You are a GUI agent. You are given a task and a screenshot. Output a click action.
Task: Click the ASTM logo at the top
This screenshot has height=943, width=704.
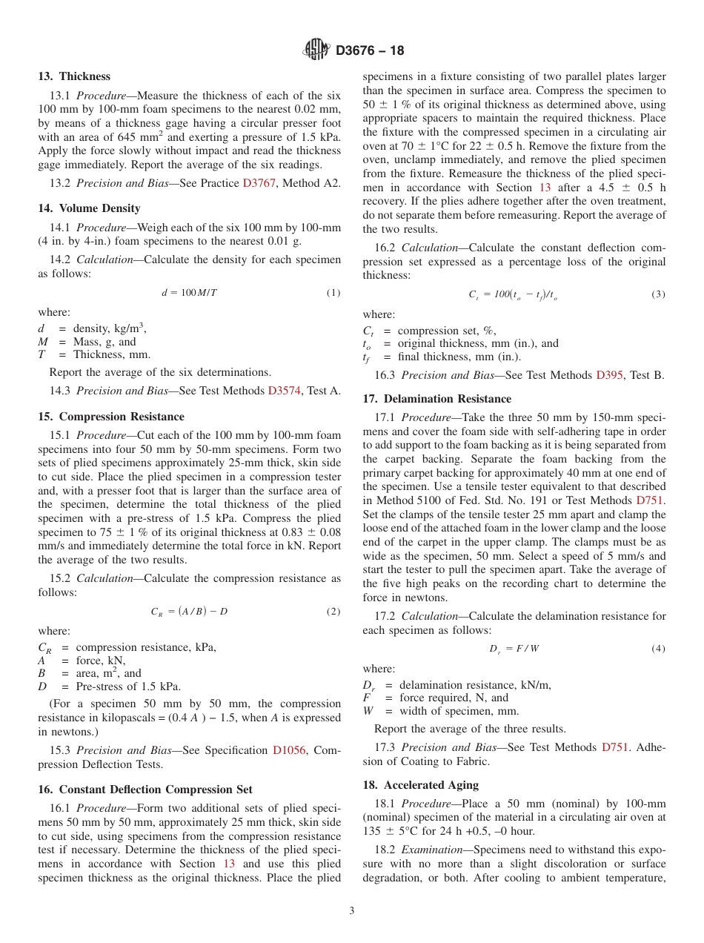pyautogui.click(x=316, y=50)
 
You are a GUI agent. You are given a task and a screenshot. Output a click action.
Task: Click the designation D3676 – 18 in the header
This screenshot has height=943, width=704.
pyautogui.click(x=370, y=51)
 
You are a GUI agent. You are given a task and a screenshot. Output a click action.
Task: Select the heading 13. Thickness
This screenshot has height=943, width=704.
pyautogui.click(x=74, y=76)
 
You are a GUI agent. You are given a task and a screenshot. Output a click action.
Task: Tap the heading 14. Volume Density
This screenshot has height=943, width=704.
pyautogui.click(x=89, y=208)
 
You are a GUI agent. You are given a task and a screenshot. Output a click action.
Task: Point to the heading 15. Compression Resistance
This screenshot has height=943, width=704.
pyautogui.click(x=111, y=417)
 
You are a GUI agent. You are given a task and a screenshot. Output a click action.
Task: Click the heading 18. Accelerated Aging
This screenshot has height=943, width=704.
pyautogui.click(x=420, y=785)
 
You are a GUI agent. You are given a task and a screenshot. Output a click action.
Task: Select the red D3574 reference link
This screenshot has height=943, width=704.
pyautogui.click(x=284, y=391)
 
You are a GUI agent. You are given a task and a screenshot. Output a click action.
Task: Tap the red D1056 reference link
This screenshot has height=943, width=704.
pyautogui.click(x=288, y=750)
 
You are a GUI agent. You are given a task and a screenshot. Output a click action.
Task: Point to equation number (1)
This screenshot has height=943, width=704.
pyautogui.click(x=333, y=293)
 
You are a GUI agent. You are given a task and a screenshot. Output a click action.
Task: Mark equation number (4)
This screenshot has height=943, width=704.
pyautogui.click(x=658, y=649)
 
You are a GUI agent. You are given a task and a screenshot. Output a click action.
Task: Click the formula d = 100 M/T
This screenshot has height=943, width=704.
pyautogui.click(x=190, y=293)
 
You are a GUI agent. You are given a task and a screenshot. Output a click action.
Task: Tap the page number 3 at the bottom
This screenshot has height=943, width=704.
pyautogui.click(x=352, y=911)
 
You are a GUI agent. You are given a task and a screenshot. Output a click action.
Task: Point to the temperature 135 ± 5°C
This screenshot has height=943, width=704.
pyautogui.click(x=392, y=830)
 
